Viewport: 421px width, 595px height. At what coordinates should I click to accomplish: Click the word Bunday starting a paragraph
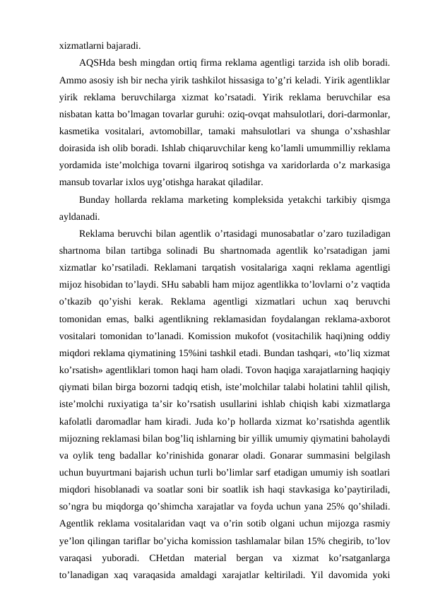click(x=98, y=201)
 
